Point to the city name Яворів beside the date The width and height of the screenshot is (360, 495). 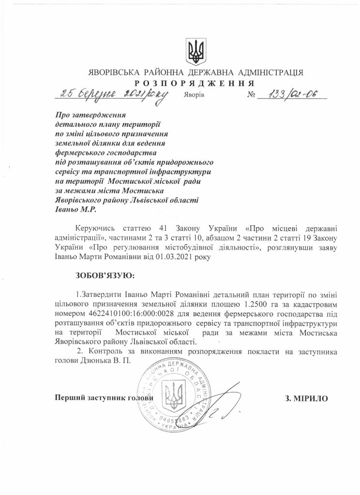click(x=194, y=95)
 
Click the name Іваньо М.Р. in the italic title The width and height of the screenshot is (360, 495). click(x=73, y=210)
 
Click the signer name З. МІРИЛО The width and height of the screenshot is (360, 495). click(x=307, y=398)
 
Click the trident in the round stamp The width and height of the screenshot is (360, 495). click(x=171, y=394)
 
